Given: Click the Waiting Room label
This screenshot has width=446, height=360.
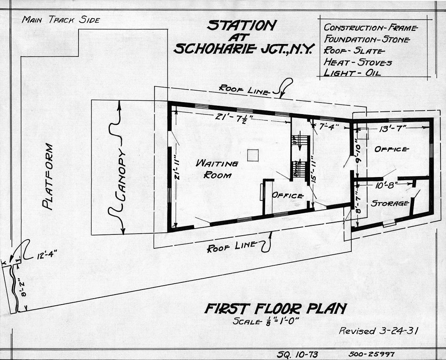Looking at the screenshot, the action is [x=217, y=169].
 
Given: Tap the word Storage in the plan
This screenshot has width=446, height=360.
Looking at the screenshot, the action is [x=390, y=203].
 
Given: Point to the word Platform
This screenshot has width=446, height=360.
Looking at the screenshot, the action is [x=48, y=177].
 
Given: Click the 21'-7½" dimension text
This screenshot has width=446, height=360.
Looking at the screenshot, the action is [x=232, y=117].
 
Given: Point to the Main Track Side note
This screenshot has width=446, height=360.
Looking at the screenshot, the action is [x=61, y=20].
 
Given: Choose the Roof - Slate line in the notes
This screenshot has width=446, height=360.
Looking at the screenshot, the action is [x=354, y=51].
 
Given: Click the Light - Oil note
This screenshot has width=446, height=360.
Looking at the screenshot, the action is [x=352, y=72].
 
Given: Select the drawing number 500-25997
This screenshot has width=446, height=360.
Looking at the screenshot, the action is [x=371, y=354].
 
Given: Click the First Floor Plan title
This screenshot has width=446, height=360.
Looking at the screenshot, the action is [x=276, y=309].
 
